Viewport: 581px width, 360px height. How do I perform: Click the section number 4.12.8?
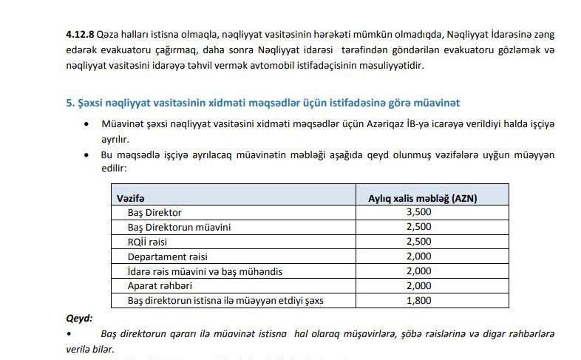pyautogui.click(x=80, y=35)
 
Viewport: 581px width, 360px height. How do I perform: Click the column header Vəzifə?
pyautogui.click(x=131, y=197)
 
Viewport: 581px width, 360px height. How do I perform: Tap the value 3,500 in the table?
pyautogui.click(x=418, y=212)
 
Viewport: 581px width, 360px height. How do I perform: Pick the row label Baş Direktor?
pyautogui.click(x=154, y=212)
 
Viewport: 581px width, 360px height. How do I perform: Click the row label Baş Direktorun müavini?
pyautogui.click(x=179, y=227)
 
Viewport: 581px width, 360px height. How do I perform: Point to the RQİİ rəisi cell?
pyautogui.click(x=149, y=242)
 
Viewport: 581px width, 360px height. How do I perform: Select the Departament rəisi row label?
pyautogui.click(x=167, y=257)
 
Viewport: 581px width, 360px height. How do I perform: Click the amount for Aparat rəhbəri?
pyautogui.click(x=418, y=286)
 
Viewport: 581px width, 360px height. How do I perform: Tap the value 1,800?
pyautogui.click(x=418, y=301)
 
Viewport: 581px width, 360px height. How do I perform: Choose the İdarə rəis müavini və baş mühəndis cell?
pyautogui.click(x=205, y=271)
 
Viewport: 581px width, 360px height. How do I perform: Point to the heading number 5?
pyautogui.click(x=69, y=102)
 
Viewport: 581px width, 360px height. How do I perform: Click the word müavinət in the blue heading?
pyautogui.click(x=440, y=102)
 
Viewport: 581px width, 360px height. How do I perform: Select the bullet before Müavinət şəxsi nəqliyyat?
pyautogui.click(x=89, y=124)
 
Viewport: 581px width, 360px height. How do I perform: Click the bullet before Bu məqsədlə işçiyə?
pyautogui.click(x=89, y=155)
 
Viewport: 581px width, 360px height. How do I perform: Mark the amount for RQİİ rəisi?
pyautogui.click(x=418, y=242)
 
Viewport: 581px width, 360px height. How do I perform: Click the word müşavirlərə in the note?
pyautogui.click(x=351, y=334)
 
